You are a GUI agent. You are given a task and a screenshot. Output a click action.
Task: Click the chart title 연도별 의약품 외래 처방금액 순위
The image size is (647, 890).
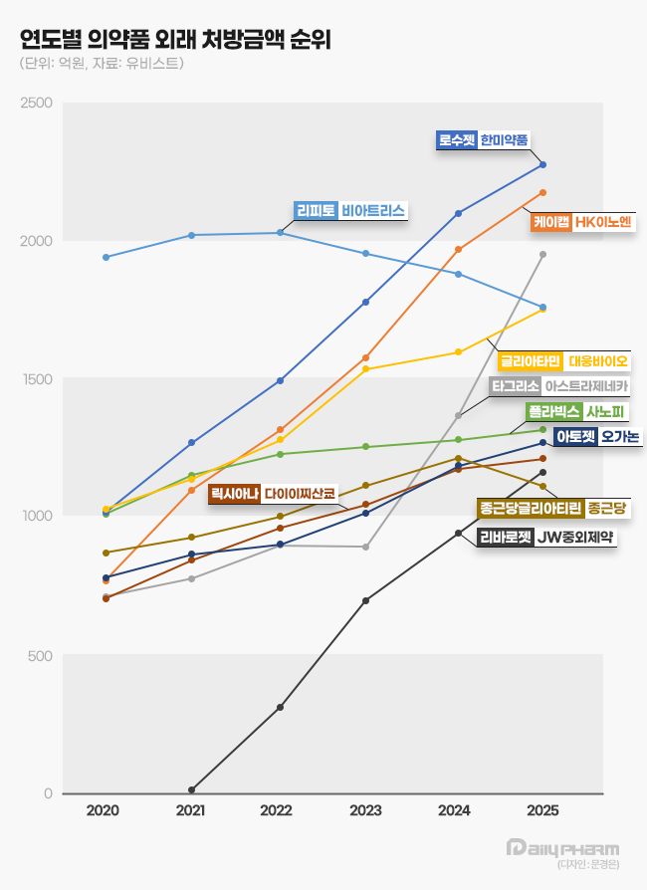pyautogui.click(x=175, y=40)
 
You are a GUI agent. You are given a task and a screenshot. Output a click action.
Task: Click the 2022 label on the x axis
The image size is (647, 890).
pyautogui.click(x=277, y=811)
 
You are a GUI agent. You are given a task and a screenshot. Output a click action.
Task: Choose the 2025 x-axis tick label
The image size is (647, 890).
pyautogui.click(x=542, y=811)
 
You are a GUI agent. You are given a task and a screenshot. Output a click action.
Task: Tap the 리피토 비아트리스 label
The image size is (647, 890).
pyautogui.click(x=351, y=211)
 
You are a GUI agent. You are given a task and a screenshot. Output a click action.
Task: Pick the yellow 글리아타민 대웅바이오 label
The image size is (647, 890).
pyautogui.click(x=562, y=360)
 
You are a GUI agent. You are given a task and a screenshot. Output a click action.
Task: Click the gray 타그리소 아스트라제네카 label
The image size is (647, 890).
pyautogui.click(x=559, y=385)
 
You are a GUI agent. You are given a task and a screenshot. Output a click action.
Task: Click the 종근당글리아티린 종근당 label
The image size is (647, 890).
pyautogui.click(x=552, y=509)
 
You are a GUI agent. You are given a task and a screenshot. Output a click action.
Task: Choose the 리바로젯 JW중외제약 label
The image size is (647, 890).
pyautogui.click(x=545, y=538)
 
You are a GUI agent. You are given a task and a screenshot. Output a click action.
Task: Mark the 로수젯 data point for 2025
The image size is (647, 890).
pyautogui.click(x=543, y=165)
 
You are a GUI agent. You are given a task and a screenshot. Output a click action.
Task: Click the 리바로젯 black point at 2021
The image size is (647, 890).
pyautogui.click(x=191, y=789)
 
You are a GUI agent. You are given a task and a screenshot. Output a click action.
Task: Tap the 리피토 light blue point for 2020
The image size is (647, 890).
pyautogui.click(x=106, y=257)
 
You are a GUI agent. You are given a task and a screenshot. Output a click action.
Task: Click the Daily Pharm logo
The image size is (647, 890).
pyautogui.click(x=562, y=849)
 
